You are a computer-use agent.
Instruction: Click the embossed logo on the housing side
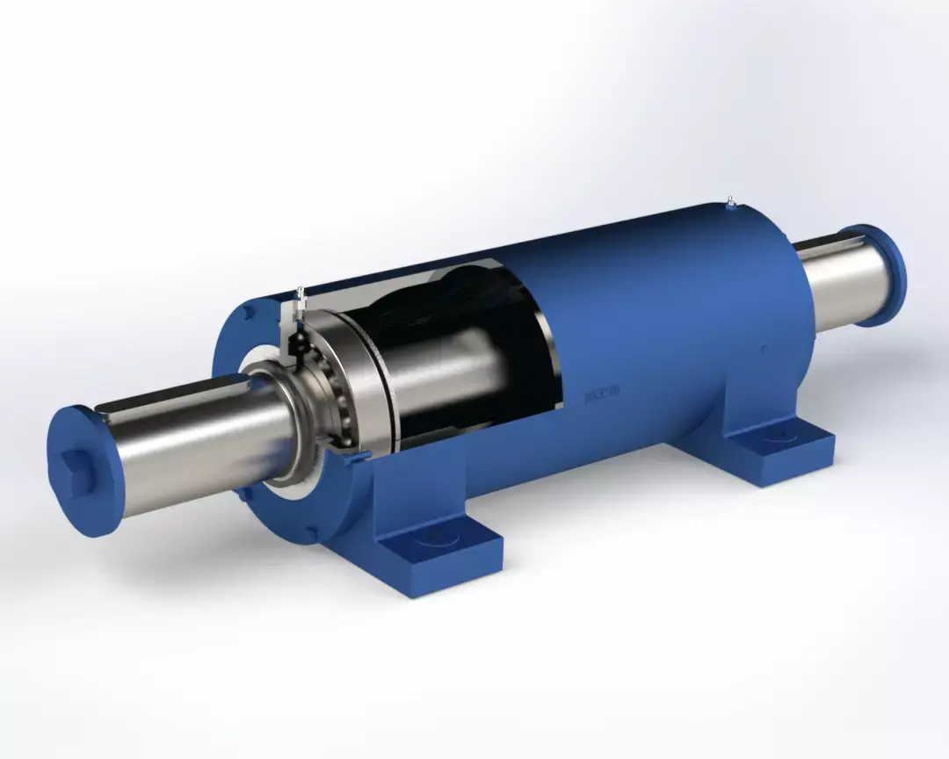tap(602, 394)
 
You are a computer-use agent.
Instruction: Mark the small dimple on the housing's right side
tap(763, 349)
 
